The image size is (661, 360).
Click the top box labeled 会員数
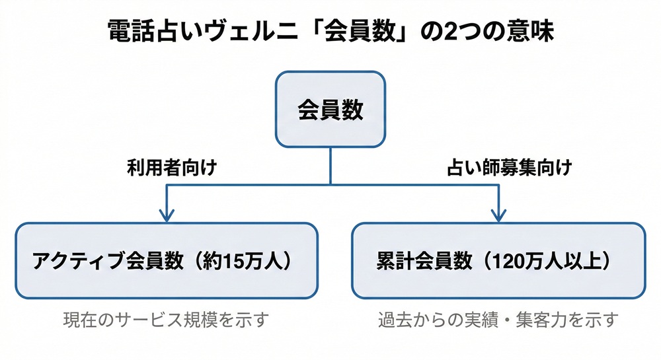tap(330, 109)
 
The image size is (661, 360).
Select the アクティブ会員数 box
tap(167, 260)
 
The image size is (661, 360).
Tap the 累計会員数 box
tap(498, 260)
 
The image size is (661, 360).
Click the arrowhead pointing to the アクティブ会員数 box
tap(167, 215)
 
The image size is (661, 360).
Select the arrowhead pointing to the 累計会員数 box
tap(498, 215)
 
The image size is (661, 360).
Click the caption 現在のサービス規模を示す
tap(167, 320)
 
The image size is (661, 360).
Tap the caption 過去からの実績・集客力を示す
tap(498, 320)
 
